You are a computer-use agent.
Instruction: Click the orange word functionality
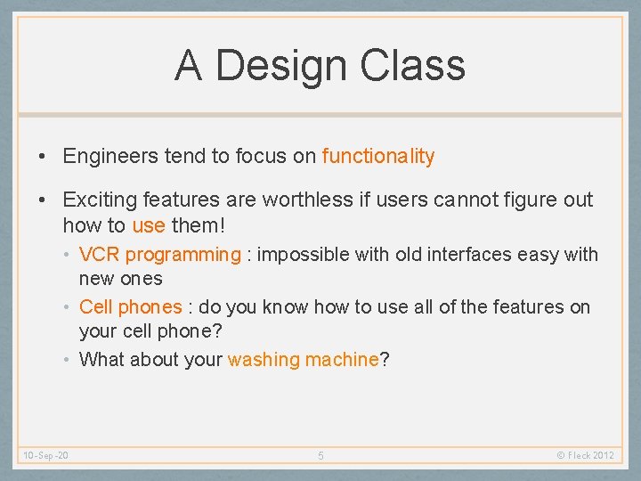378,157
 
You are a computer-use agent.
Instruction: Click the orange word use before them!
148,225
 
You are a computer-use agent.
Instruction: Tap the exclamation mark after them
222,225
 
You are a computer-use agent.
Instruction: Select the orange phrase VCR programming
159,255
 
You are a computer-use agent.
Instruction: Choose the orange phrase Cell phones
130,307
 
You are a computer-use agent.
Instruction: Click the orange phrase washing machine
304,360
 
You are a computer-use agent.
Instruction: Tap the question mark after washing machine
385,360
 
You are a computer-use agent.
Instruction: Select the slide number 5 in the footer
321,456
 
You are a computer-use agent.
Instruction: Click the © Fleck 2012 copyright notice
585,456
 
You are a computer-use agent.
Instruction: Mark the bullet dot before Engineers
43,158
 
